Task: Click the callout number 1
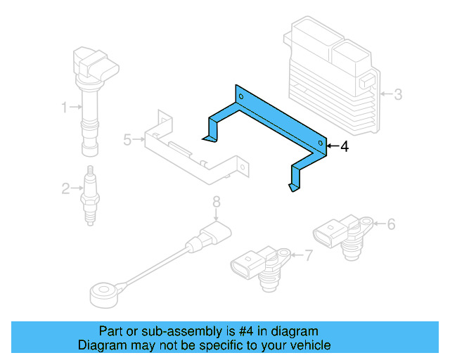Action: [64, 108]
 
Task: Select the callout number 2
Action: [64, 188]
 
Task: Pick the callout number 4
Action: [344, 147]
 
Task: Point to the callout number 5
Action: [127, 140]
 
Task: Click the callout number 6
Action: [391, 224]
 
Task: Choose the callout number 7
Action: [308, 255]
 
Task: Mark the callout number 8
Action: [217, 202]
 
